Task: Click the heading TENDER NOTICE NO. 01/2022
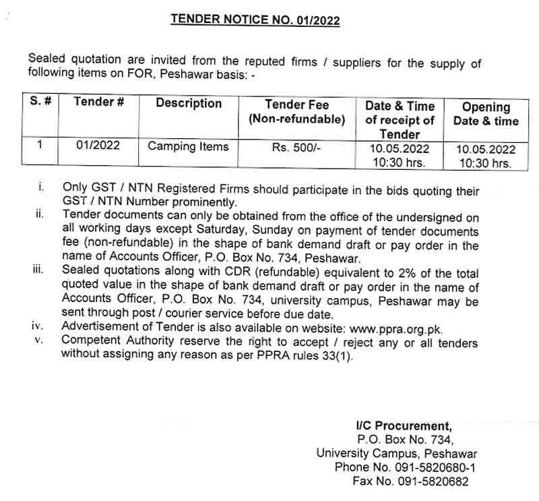(x=255, y=20)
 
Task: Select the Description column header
(x=189, y=103)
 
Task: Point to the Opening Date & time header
(x=486, y=114)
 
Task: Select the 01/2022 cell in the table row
(x=98, y=146)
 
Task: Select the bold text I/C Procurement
(x=404, y=425)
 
